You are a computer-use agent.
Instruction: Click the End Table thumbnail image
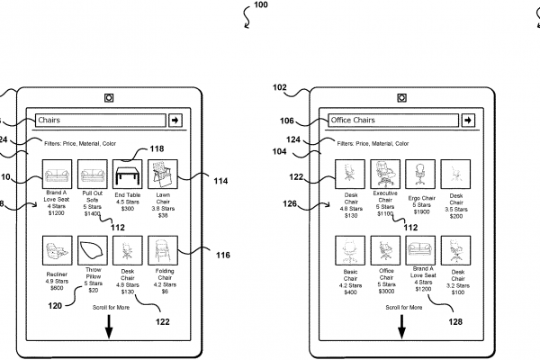click(127, 174)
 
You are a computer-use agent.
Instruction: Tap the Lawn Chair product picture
click(162, 174)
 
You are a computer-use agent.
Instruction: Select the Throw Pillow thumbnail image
click(93, 249)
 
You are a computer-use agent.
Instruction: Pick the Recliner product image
click(58, 249)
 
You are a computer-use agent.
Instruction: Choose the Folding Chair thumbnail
click(162, 249)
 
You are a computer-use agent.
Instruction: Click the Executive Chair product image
click(384, 174)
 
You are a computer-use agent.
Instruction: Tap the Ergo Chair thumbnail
click(419, 174)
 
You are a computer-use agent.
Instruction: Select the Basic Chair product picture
click(349, 249)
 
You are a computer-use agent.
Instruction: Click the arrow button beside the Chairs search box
click(175, 120)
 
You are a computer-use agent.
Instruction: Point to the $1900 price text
click(420, 216)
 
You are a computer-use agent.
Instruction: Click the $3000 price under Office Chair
click(385, 292)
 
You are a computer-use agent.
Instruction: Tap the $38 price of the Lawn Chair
click(162, 216)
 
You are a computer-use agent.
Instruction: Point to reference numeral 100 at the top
click(262, 5)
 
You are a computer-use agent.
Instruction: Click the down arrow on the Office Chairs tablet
click(401, 328)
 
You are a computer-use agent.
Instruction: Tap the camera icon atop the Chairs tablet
click(109, 97)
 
